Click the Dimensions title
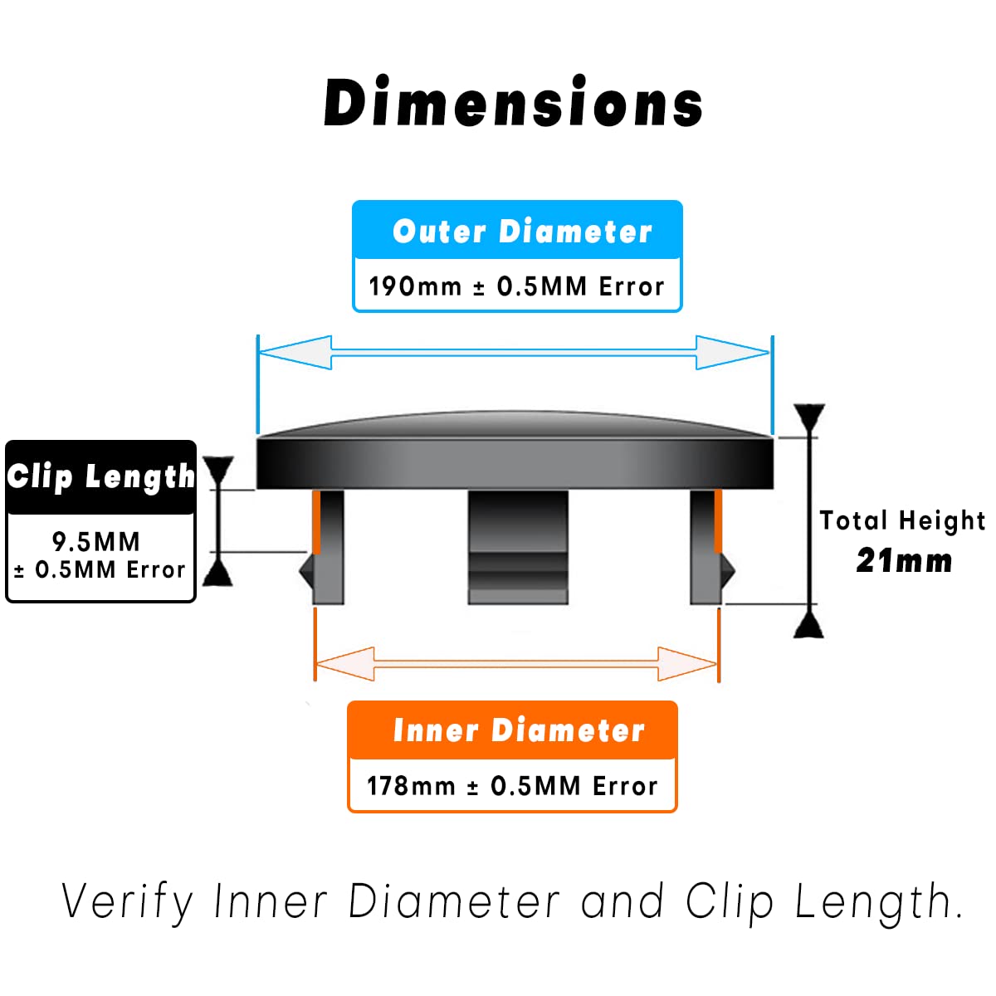pos(514,103)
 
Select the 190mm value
pos(414,286)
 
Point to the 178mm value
pos(411,785)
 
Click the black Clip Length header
pos(100,477)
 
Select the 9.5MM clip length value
pos(95,542)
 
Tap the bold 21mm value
pos(904,561)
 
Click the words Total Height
pos(902,520)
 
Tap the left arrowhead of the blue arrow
pos(295,353)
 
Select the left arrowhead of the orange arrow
pos(344,664)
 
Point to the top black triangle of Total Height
pos(809,417)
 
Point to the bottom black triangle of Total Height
pos(808,625)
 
